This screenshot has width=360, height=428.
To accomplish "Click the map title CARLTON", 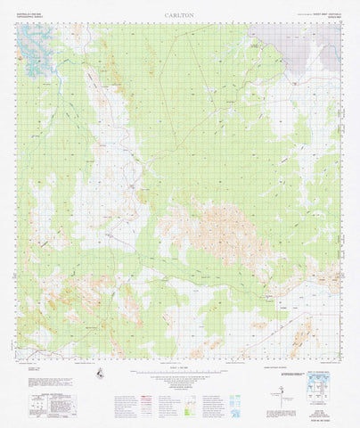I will coord(179,15).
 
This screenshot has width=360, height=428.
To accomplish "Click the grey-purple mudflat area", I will coord(312,39).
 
